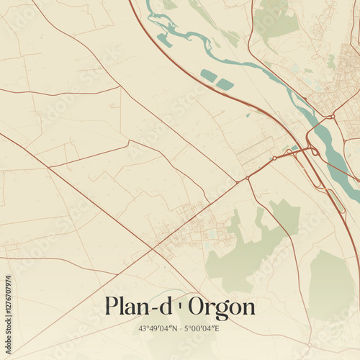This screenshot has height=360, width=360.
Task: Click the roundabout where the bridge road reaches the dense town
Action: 332,116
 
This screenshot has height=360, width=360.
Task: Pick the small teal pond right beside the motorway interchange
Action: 294,148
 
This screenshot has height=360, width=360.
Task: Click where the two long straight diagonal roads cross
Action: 154,249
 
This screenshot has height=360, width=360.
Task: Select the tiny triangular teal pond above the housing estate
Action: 248,114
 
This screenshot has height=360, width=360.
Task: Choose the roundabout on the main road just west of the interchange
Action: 274,158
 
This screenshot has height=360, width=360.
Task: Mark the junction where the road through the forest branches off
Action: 247,178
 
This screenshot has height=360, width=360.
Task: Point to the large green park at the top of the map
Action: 276,19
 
